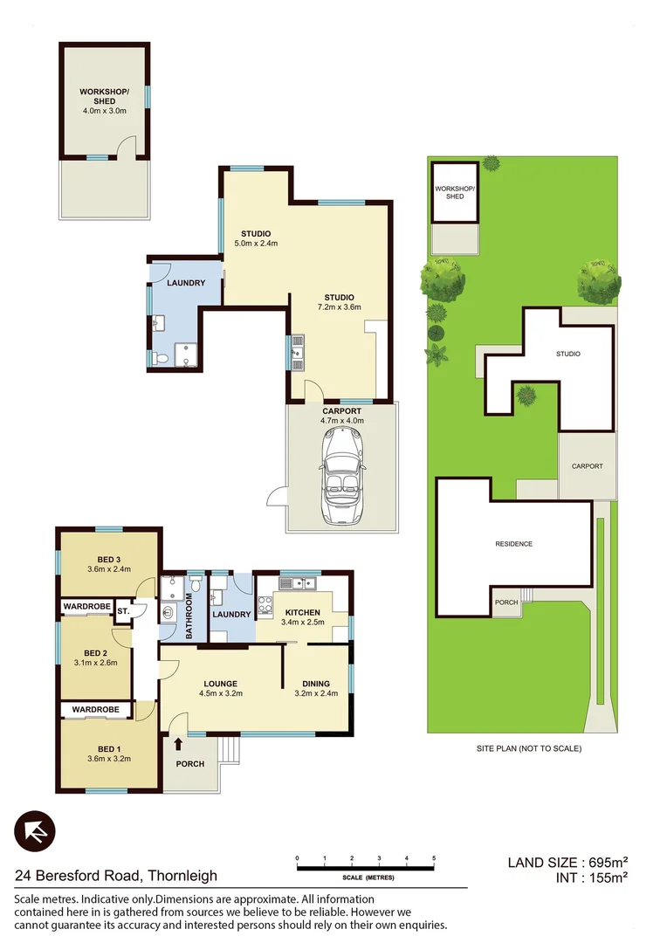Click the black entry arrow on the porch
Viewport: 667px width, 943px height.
pyautogui.click(x=179, y=744)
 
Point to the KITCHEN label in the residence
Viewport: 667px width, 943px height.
pyautogui.click(x=302, y=612)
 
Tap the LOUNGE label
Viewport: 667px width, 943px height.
pyautogui.click(x=222, y=684)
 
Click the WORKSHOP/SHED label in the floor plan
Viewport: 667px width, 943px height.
pyautogui.click(x=104, y=96)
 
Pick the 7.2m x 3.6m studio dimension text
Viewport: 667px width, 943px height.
pyautogui.click(x=339, y=306)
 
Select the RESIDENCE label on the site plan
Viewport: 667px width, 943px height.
pyautogui.click(x=513, y=544)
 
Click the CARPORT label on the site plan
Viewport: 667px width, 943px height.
pyautogui.click(x=587, y=466)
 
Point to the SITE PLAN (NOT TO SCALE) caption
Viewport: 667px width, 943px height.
pyautogui.click(x=528, y=748)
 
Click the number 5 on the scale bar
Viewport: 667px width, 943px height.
pyautogui.click(x=433, y=859)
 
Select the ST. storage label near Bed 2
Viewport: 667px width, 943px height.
pyautogui.click(x=123, y=611)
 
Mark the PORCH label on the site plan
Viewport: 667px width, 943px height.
pyautogui.click(x=506, y=602)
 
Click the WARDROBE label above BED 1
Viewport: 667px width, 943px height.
pyautogui.click(x=95, y=710)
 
